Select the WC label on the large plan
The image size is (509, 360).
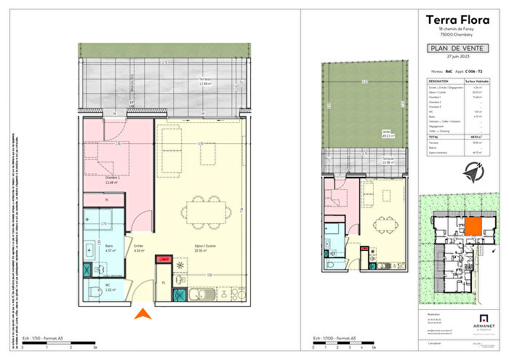(x=108, y=286)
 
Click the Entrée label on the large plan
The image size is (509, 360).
(x=140, y=247)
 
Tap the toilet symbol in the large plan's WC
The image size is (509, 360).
(x=93, y=292)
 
